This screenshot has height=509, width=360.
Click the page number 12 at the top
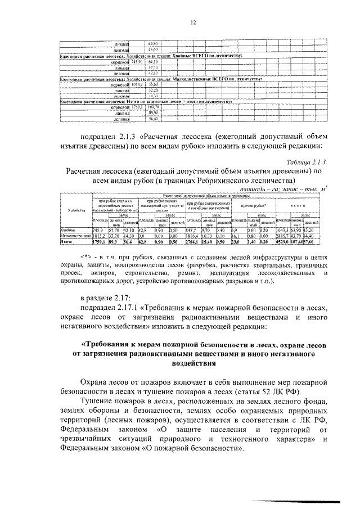click(x=192, y=22)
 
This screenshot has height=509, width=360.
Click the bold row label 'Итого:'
click(x=68, y=241)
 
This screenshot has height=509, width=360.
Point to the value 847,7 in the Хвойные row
click(x=192, y=231)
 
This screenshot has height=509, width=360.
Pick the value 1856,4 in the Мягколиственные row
click(x=193, y=236)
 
